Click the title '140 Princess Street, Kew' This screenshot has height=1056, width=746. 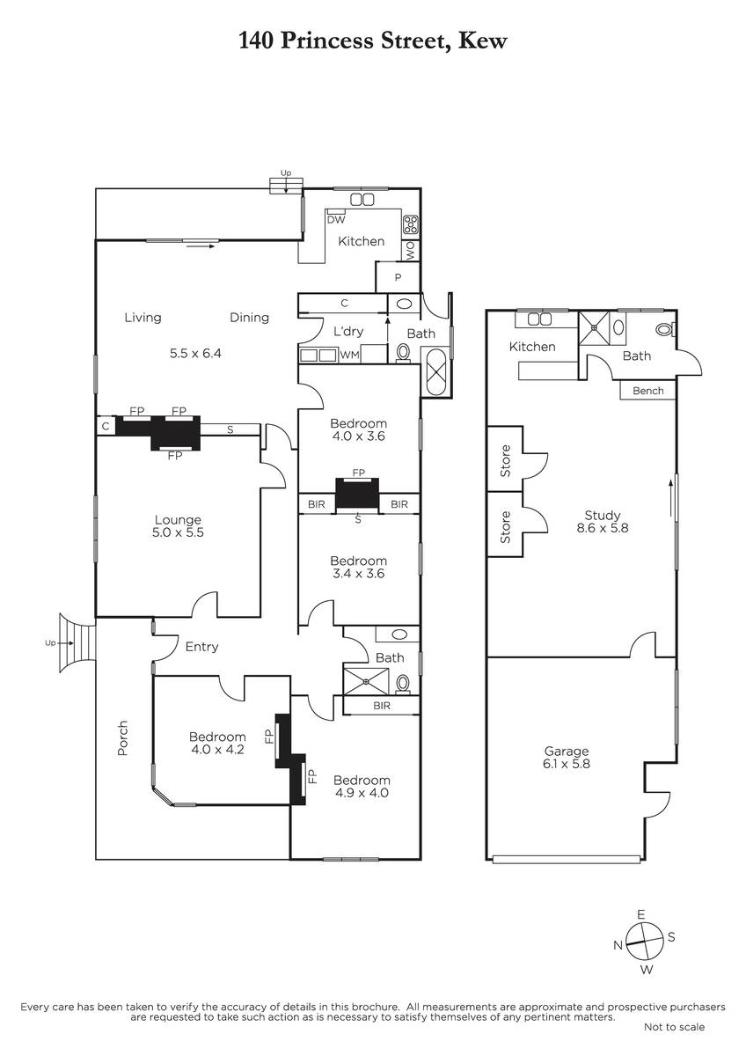[373, 40]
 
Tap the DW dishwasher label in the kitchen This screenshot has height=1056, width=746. [336, 220]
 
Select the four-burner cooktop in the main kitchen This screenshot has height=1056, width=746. [411, 224]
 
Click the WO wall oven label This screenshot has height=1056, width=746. [411, 250]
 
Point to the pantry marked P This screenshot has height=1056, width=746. [398, 277]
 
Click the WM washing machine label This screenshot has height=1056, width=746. [349, 355]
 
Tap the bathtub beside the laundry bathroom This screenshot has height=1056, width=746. [436, 372]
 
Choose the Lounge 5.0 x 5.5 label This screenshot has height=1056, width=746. [178, 526]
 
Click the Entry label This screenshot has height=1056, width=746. [201, 647]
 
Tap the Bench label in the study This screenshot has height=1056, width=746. [648, 391]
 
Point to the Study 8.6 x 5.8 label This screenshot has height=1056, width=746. [603, 521]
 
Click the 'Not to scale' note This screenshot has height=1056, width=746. [675, 1027]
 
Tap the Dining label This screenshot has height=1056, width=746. [249, 318]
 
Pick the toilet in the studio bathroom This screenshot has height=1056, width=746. [665, 329]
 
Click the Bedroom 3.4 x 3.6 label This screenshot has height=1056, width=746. [359, 567]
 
